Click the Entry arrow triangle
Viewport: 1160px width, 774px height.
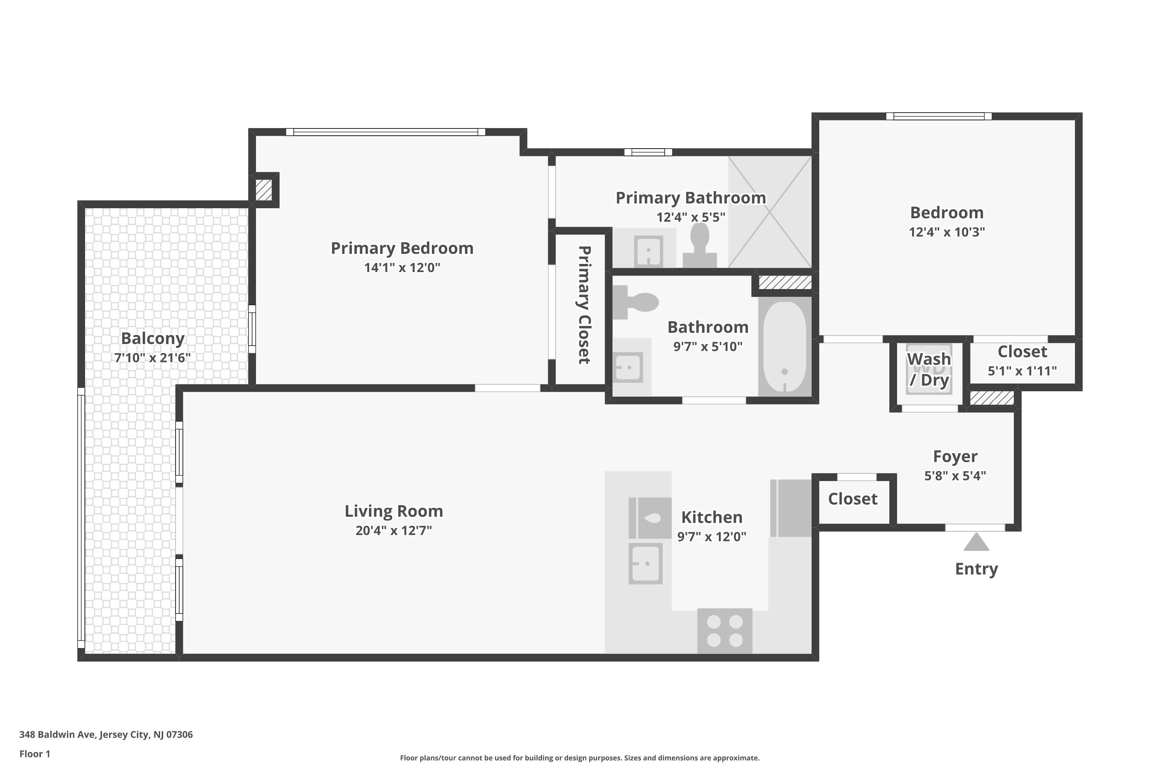[x=976, y=543]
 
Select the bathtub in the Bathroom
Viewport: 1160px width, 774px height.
[x=784, y=346]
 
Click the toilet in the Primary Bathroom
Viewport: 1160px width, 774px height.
[x=699, y=245]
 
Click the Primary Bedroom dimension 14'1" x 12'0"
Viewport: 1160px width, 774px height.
[x=402, y=267]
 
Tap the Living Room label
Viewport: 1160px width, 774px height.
[x=394, y=511]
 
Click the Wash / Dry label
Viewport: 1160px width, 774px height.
[x=929, y=369]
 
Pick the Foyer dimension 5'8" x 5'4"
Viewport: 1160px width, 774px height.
[x=955, y=475]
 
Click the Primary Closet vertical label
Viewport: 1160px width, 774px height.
[x=584, y=305]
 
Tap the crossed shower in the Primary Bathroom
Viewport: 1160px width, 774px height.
[x=769, y=212]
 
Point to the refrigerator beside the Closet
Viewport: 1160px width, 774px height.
[x=791, y=508]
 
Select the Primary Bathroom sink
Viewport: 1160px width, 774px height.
[x=648, y=251]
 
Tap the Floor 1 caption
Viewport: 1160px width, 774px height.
[x=34, y=754]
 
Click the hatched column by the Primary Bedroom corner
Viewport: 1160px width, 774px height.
[x=264, y=190]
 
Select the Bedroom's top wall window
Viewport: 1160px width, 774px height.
[x=938, y=116]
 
